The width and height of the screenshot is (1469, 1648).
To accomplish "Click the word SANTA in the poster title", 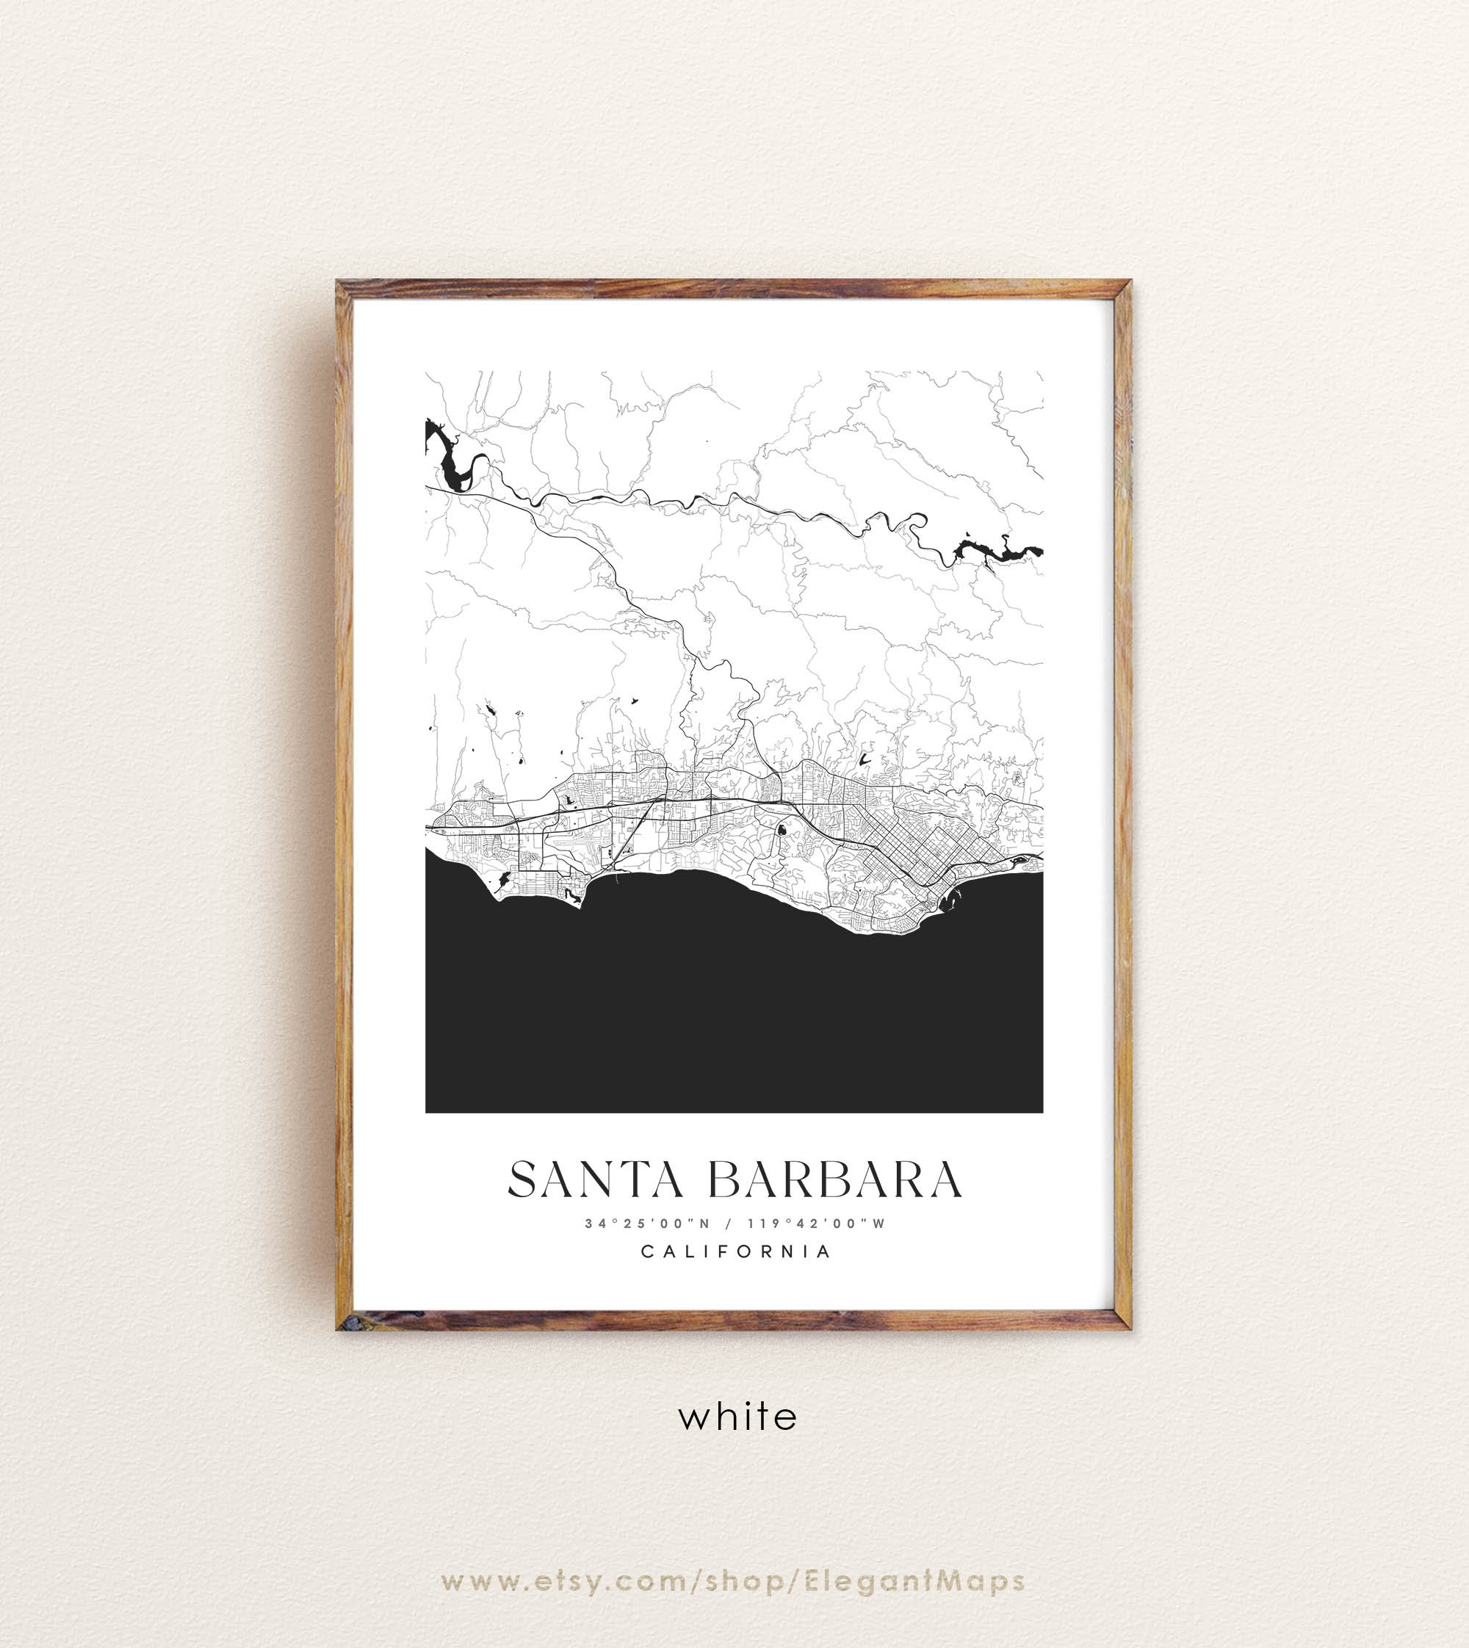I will [596, 1180].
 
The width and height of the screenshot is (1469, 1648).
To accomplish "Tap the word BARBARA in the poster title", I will [835, 1180].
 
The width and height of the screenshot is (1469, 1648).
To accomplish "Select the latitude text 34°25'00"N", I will [647, 1224].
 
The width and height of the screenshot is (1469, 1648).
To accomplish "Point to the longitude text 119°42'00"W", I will [816, 1224].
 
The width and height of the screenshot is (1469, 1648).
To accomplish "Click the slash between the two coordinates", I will [729, 1224].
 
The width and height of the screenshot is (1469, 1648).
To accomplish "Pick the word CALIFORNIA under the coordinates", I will [735, 1251].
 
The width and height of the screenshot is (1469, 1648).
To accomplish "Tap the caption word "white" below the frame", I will [737, 1417].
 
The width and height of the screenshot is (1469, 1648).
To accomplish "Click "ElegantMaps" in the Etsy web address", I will [914, 1581].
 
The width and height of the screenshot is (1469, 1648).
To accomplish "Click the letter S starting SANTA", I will [524, 1180].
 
